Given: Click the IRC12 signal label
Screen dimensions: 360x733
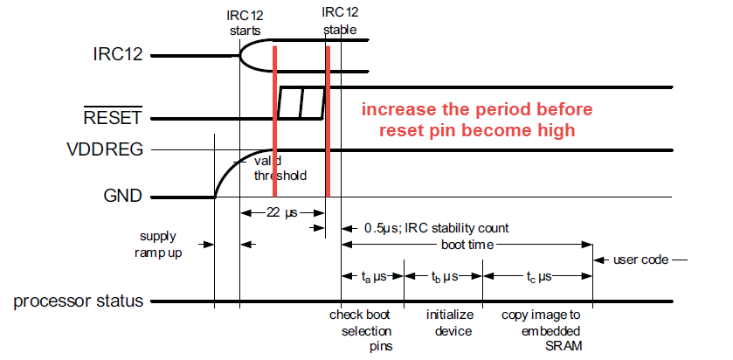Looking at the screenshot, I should pos(120,56).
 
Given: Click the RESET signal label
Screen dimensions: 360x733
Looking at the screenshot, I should pos(114,117).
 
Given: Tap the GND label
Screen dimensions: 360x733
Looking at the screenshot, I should pos(122,197).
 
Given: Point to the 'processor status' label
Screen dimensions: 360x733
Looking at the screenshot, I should pos(79,302).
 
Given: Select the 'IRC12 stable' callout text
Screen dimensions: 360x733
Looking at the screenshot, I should pos(340,21).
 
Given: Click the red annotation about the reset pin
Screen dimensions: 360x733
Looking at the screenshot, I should pos(477,121).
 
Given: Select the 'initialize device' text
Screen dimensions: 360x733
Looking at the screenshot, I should pos(449,322).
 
